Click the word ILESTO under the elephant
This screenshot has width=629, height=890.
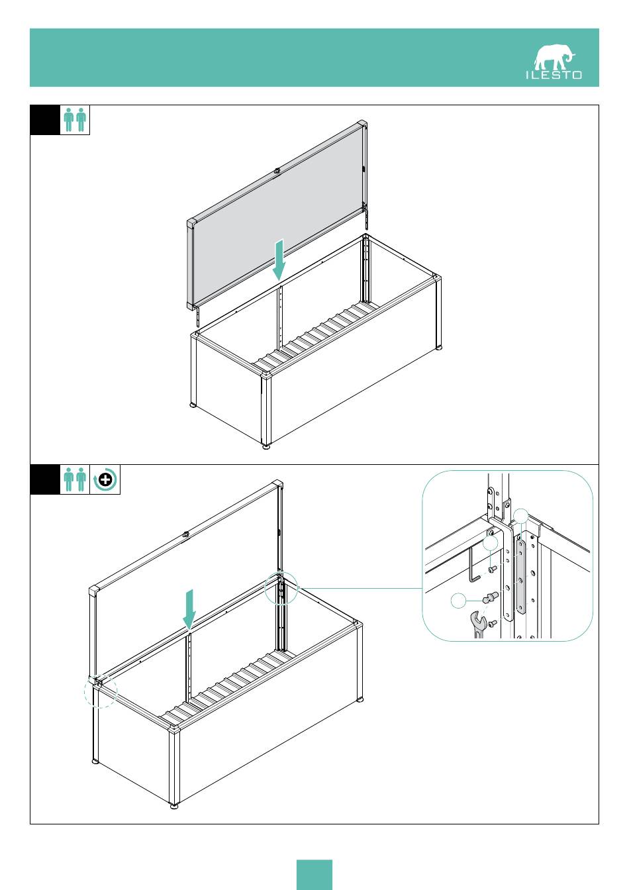[x=554, y=75]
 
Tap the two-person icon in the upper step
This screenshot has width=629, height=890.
[x=75, y=120]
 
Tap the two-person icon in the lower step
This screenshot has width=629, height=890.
[x=75, y=479]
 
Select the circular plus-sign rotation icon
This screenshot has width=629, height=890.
[x=105, y=479]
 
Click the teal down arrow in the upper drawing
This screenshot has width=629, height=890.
[x=279, y=260]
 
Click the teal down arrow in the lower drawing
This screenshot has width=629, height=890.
[x=189, y=609]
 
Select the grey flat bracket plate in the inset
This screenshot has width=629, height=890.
[x=521, y=573]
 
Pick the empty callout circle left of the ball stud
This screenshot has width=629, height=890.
[x=458, y=601]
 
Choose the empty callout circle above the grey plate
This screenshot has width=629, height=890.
[x=521, y=516]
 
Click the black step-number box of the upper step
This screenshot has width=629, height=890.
[x=45, y=120]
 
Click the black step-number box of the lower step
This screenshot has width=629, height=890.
[x=45, y=479]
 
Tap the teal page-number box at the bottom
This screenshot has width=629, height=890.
[x=314, y=875]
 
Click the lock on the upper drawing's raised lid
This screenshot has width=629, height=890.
[x=277, y=172]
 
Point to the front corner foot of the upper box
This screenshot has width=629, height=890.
[x=266, y=447]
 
